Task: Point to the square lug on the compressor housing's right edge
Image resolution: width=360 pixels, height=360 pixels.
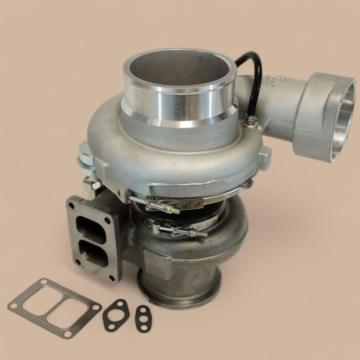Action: [264, 155]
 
